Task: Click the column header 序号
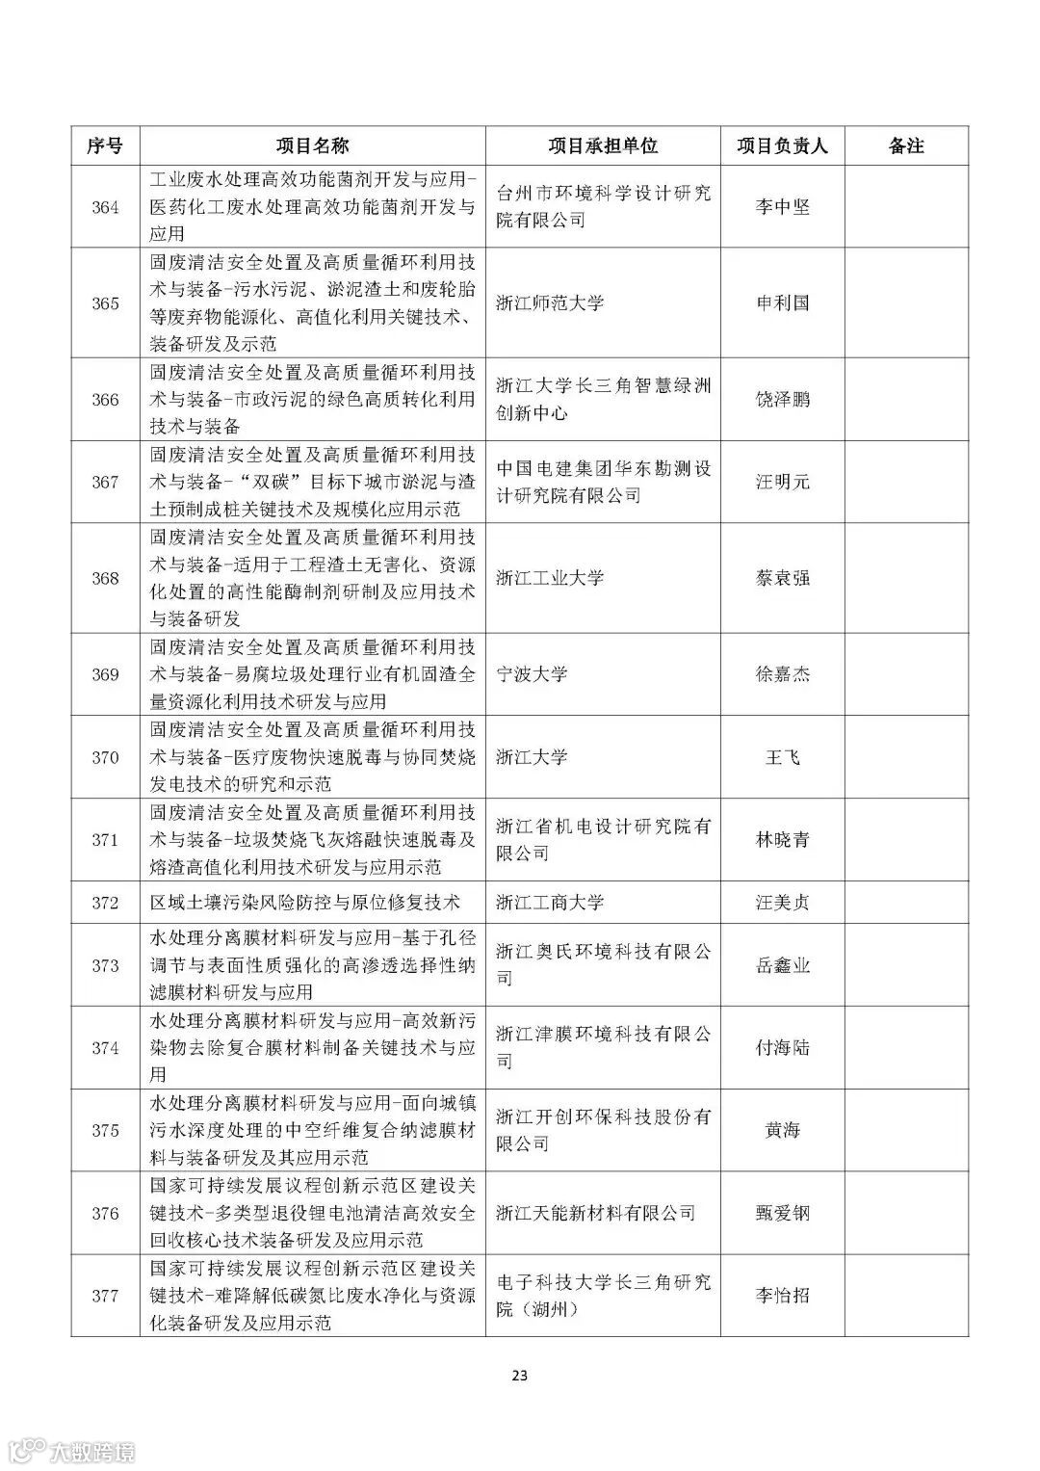point(105,145)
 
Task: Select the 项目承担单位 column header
point(603,145)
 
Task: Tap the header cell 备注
point(906,145)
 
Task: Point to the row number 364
point(105,207)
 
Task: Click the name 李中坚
point(782,207)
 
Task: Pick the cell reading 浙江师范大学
point(550,303)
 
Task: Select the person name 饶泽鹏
point(782,400)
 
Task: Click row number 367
point(105,482)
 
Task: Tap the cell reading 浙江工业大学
point(550,578)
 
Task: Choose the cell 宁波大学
point(532,674)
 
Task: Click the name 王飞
point(782,757)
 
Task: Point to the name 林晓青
point(782,839)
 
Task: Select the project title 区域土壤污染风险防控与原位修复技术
point(305,903)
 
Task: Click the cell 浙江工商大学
point(550,903)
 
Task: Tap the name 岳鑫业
point(782,965)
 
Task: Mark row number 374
point(105,1048)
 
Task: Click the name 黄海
point(782,1130)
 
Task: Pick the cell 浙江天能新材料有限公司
point(595,1213)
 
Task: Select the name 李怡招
point(782,1296)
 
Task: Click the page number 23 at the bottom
point(519,1376)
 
